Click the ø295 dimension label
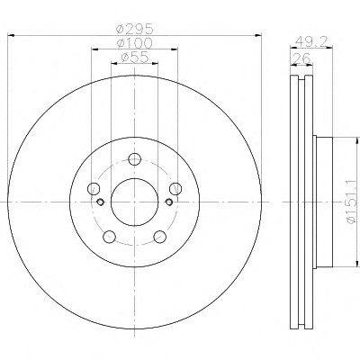point(135,29)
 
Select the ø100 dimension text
point(135,43)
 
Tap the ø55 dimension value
point(135,57)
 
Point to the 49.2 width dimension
point(310,41)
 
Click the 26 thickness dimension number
point(301,58)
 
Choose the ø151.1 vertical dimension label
point(350,201)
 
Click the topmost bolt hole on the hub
point(135,159)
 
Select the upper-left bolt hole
point(94,188)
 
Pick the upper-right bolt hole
point(175,188)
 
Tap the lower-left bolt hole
point(109,237)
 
